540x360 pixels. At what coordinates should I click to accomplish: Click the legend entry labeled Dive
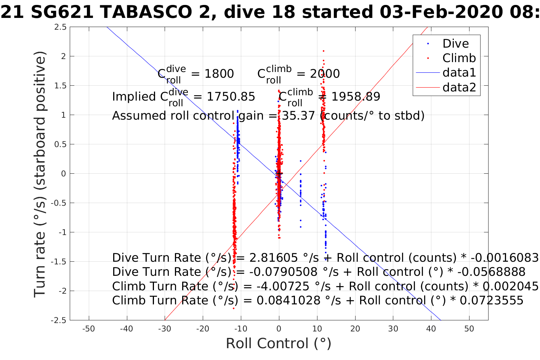[x=455, y=44]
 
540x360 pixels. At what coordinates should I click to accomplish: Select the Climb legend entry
[x=459, y=58]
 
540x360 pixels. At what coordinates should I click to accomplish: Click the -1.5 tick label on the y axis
[x=58, y=262]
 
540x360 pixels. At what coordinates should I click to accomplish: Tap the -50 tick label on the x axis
[x=88, y=329]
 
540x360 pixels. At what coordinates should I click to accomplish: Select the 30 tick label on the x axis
[x=393, y=329]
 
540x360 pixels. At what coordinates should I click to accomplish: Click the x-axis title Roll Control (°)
[x=279, y=344]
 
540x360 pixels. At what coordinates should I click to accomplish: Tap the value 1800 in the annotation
[x=219, y=74]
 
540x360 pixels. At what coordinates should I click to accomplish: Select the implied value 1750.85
[x=231, y=97]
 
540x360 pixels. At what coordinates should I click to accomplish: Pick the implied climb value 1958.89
[x=356, y=97]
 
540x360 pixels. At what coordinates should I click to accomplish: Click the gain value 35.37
[x=299, y=115]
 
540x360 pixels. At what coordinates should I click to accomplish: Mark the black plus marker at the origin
[x=279, y=174]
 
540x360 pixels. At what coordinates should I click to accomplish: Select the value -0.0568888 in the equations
[x=491, y=272]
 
